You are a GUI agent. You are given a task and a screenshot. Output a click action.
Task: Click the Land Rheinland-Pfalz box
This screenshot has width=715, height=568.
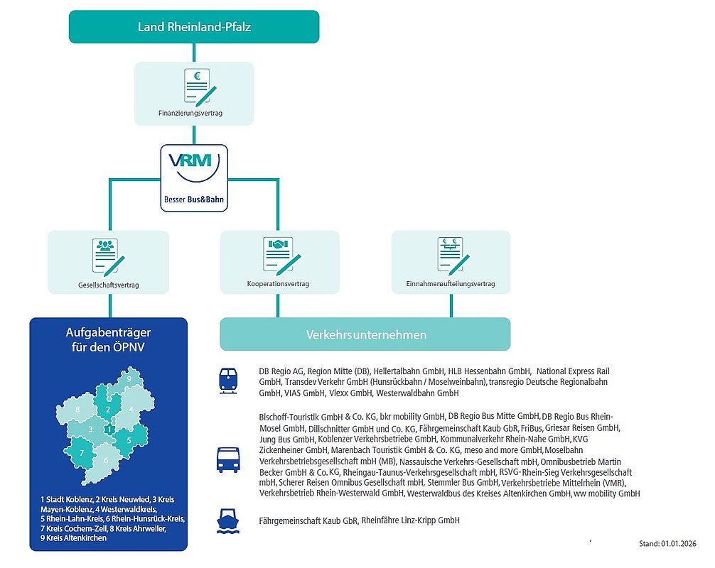[193, 28]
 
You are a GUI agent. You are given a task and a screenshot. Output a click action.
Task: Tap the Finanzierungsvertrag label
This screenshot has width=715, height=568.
[193, 113]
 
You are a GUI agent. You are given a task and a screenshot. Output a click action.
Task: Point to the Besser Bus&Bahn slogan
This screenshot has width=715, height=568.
[193, 200]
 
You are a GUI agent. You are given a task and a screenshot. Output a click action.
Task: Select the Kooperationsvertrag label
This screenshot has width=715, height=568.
[278, 284]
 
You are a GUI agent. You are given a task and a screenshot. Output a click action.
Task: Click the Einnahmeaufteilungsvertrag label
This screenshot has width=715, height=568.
[451, 284]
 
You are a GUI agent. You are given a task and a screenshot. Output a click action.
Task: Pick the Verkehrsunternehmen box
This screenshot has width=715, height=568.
[365, 334]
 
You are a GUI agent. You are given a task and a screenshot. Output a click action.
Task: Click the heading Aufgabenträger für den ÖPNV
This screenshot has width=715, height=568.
[108, 340]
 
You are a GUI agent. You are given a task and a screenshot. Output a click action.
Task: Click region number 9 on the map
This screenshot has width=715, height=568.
[128, 380]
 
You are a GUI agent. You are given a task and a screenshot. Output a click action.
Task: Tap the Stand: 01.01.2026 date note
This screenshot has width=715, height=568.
[670, 545]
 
